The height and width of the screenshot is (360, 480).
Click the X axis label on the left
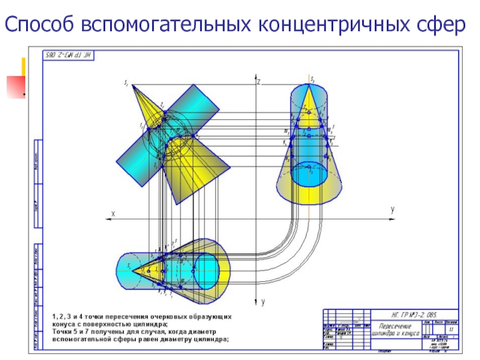(x=113, y=213)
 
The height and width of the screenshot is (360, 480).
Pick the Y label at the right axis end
(x=392, y=211)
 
